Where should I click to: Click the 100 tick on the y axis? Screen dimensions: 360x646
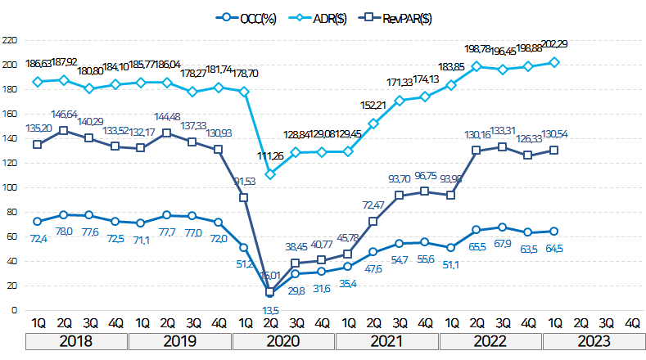tap(11, 187)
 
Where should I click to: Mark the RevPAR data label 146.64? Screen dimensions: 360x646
tap(63, 115)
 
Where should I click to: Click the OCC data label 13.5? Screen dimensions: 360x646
tap(270, 310)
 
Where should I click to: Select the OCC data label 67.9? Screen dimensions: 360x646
tap(503, 243)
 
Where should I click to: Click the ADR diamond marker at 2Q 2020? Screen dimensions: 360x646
tap(270, 173)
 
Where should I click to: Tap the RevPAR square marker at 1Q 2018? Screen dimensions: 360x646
tap(37, 144)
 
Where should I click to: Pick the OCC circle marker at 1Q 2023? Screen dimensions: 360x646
tap(554, 231)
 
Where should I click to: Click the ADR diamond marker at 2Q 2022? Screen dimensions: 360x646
tap(477, 66)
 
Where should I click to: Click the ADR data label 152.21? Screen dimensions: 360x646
tap(373, 106)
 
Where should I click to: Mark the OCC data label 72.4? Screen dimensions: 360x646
tap(37, 237)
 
